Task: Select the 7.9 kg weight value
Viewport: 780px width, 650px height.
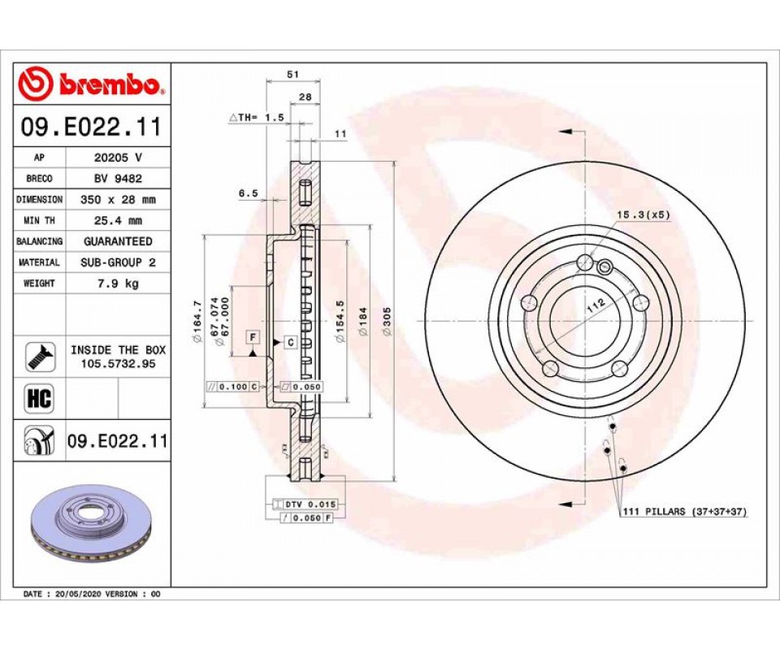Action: (x=118, y=284)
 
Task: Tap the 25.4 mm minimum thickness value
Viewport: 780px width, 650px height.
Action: (x=118, y=220)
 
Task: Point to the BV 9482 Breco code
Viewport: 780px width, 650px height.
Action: (x=118, y=178)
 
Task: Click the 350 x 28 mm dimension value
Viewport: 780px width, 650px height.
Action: (x=118, y=199)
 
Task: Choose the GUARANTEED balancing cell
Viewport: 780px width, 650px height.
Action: (x=118, y=241)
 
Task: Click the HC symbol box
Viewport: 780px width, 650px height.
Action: (x=39, y=398)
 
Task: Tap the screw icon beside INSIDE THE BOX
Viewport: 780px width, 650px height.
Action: (x=39, y=357)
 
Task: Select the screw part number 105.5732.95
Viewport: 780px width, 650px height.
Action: (x=119, y=363)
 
